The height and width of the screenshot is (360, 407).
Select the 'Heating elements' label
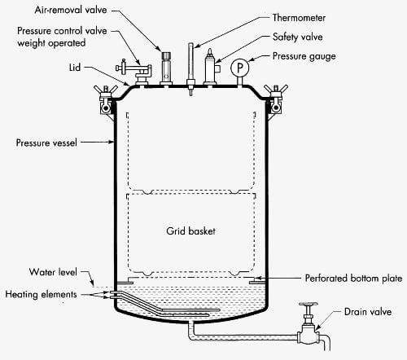tap(42, 293)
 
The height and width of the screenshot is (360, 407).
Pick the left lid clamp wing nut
tap(104, 90)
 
